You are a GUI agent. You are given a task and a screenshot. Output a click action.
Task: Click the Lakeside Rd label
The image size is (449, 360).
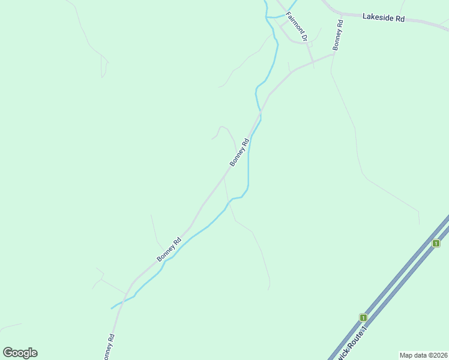383,17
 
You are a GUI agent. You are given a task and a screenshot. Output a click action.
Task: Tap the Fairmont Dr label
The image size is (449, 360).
297,27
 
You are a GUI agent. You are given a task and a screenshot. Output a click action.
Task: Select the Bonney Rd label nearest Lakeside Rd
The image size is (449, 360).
338,35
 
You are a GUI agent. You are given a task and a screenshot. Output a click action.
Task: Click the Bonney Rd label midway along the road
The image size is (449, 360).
239,153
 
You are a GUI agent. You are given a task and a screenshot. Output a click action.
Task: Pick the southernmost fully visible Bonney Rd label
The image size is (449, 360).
169,250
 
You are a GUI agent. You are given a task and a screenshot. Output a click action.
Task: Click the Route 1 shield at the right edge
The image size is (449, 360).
436,243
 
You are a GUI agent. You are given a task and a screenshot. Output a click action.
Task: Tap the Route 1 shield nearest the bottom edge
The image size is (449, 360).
363,317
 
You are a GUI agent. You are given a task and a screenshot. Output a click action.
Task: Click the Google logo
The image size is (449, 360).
20,353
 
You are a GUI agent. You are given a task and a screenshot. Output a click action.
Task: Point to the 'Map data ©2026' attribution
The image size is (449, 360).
423,355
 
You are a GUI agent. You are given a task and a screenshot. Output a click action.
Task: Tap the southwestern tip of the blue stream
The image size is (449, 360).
112,308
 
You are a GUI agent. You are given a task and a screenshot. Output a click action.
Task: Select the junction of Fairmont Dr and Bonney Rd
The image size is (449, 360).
310,61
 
